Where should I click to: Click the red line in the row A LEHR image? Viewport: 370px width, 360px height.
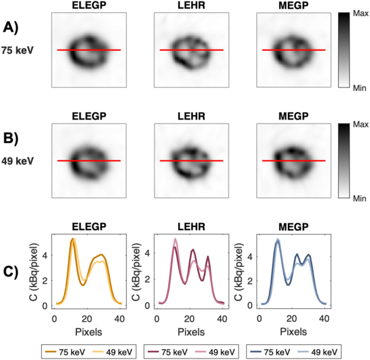tap(191, 50)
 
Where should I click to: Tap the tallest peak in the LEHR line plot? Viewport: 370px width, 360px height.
tap(175, 239)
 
